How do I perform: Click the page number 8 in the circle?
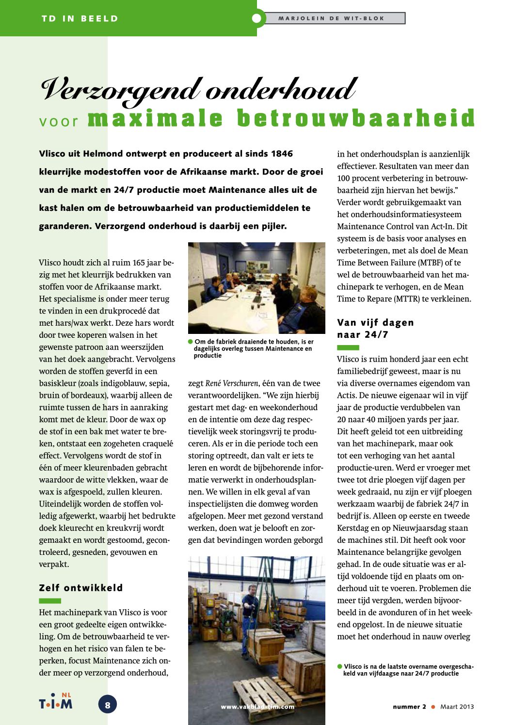tap(108, 705)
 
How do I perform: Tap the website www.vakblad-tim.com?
tap(257, 707)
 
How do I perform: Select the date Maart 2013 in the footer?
tap(457, 707)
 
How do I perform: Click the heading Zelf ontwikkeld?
tap(81, 588)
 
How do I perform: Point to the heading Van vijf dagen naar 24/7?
tap(375, 329)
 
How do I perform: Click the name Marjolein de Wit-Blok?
tap(331, 18)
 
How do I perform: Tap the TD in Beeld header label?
tap(80, 18)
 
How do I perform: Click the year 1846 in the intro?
tap(282, 154)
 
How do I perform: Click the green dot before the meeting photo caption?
tap(191, 342)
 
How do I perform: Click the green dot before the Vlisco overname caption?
tap(340, 666)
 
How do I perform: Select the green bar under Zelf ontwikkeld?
tap(50, 601)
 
